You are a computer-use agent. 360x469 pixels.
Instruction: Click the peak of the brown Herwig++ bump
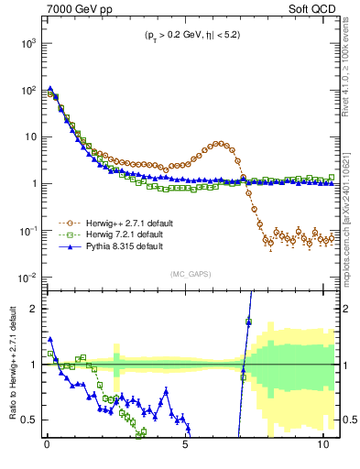(221, 143)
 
